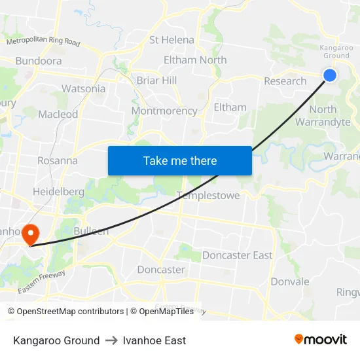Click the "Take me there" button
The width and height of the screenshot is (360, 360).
point(180,160)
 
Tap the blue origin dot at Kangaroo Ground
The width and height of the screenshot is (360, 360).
point(330,75)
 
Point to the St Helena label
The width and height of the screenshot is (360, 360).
point(171,40)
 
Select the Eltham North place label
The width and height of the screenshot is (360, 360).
point(195,60)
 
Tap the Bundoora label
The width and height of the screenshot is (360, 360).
point(39,61)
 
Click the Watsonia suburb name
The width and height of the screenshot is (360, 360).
point(83,88)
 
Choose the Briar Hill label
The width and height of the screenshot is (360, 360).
point(156,80)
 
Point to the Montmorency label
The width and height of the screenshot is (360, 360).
point(164,111)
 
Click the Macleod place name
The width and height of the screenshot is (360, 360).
point(58,114)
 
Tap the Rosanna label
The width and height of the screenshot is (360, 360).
point(57,160)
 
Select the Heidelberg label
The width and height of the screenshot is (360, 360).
point(58,192)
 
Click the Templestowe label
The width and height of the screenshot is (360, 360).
point(208,195)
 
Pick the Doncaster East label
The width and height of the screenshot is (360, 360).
point(237,255)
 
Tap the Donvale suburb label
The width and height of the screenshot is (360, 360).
point(290,281)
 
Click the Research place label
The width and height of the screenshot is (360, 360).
point(285,81)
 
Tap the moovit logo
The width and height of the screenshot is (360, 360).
point(320,340)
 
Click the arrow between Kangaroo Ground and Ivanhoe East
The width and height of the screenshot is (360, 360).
point(111,340)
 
